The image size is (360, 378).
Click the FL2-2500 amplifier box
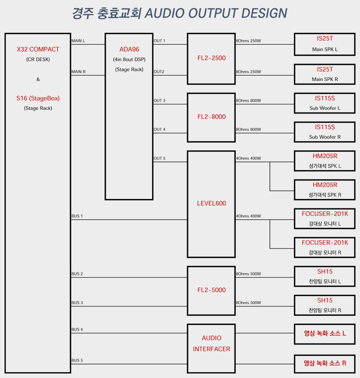211,58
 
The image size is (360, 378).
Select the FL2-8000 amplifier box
211,117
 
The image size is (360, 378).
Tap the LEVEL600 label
211,203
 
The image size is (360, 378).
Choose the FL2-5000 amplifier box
211,290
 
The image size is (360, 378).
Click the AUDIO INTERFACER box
211,344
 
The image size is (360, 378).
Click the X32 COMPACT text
38,49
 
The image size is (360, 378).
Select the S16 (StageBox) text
38,98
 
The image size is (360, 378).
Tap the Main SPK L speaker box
324,44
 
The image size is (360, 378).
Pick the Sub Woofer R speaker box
324,132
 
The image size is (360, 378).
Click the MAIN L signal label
78,41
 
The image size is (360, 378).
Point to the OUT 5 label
160,158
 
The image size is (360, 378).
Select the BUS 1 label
77,216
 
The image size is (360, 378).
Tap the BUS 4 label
77,330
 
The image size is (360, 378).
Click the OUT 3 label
160,101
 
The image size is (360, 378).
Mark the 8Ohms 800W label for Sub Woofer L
248,101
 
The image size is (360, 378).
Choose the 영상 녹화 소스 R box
324,363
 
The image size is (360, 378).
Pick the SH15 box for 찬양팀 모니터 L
324,276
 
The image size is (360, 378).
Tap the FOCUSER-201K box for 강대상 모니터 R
324,247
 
